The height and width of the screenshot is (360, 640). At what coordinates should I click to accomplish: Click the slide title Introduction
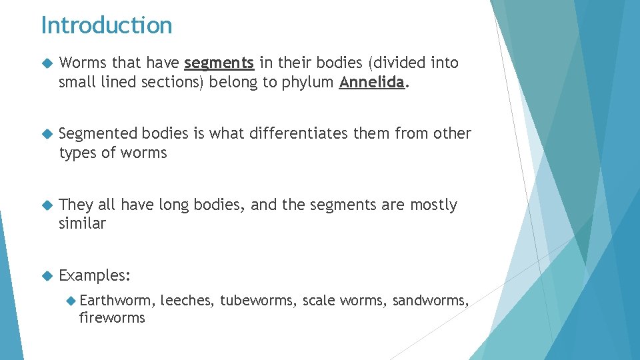(x=107, y=25)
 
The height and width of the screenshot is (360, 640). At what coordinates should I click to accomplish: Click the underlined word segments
(x=219, y=63)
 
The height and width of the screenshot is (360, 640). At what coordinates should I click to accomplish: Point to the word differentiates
(x=299, y=134)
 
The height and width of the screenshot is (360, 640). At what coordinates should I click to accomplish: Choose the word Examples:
(x=95, y=275)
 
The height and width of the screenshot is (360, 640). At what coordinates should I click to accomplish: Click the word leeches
(x=186, y=301)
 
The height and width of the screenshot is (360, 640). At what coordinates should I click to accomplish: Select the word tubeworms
(x=258, y=301)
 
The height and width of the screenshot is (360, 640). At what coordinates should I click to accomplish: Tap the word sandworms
(x=431, y=301)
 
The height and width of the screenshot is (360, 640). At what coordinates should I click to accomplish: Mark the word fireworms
(x=112, y=318)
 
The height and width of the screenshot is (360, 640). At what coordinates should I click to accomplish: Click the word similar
(x=82, y=223)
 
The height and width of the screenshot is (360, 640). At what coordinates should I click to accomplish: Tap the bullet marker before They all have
(x=46, y=205)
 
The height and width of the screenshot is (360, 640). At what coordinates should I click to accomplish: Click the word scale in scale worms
(x=318, y=301)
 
